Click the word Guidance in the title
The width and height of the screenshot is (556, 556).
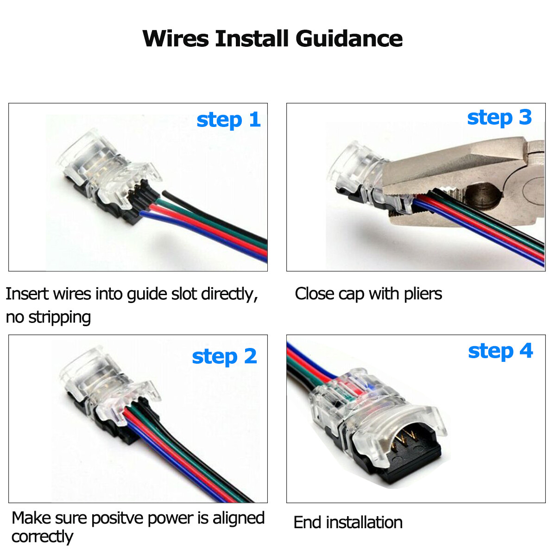349,38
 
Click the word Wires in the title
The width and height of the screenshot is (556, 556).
176,38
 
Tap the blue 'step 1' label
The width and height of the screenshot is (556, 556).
228,120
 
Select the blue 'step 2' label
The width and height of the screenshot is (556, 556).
224,356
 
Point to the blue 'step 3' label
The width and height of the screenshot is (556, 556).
499,118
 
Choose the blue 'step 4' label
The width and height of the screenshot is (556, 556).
500,351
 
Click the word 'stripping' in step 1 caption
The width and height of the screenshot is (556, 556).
59,317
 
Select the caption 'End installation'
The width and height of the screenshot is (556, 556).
348,523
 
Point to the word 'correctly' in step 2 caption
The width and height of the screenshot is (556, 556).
42,537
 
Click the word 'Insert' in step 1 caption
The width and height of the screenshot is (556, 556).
26,294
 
